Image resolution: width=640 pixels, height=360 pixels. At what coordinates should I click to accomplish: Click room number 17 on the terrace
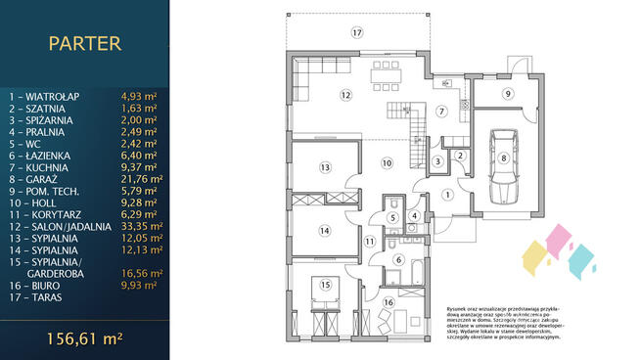point(357,32)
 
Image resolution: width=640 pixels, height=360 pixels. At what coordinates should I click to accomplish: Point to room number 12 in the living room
point(345,95)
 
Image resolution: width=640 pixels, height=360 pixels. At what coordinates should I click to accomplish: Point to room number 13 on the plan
point(326,167)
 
